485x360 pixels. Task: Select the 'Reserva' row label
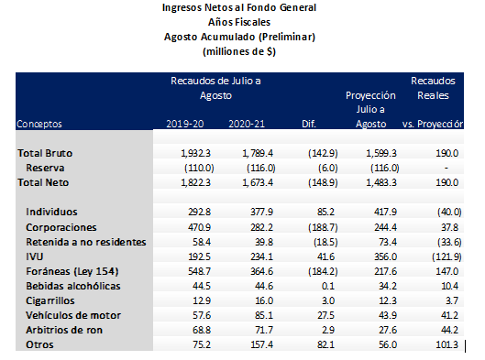click(x=45, y=169)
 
